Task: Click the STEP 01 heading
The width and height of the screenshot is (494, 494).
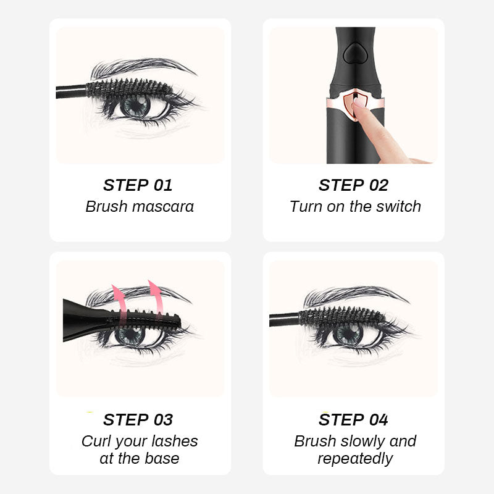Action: click(x=138, y=185)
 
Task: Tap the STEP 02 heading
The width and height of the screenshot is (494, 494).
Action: click(x=353, y=185)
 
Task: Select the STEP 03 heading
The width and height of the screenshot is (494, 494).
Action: click(x=138, y=420)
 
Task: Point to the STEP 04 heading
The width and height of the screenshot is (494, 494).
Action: click(x=353, y=420)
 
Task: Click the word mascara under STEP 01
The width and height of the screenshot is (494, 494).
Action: click(x=164, y=206)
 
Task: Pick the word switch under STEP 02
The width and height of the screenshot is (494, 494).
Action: click(x=398, y=206)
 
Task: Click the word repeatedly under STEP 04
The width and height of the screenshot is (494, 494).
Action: click(x=355, y=459)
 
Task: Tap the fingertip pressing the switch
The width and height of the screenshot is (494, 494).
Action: click(x=359, y=105)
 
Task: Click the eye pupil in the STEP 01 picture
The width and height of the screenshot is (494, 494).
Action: click(x=135, y=106)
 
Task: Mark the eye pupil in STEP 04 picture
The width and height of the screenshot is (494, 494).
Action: click(x=348, y=334)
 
